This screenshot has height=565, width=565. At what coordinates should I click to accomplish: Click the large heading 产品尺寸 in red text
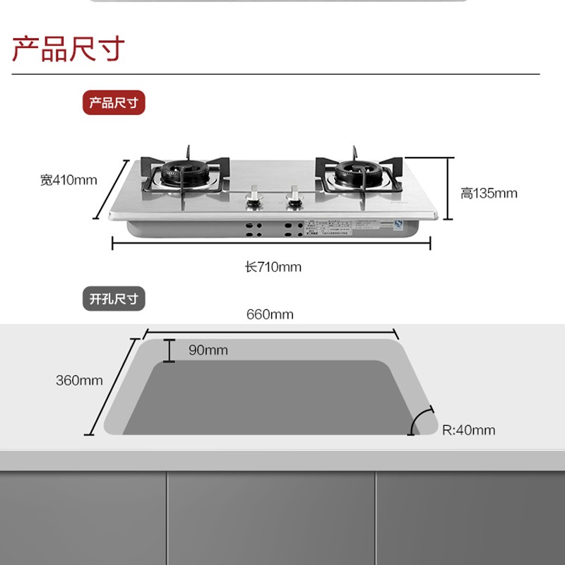pyautogui.click(x=69, y=49)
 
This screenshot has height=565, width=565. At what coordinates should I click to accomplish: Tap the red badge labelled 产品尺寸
pyautogui.click(x=113, y=103)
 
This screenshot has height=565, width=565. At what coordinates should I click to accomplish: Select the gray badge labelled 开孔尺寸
pyautogui.click(x=113, y=299)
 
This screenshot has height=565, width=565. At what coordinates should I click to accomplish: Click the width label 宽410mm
pyautogui.click(x=69, y=180)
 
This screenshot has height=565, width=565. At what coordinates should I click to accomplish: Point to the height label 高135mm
pyautogui.click(x=489, y=193)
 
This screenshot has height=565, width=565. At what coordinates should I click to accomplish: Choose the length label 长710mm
pyautogui.click(x=273, y=267)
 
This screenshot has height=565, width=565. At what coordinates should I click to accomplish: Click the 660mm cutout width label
pyautogui.click(x=270, y=314)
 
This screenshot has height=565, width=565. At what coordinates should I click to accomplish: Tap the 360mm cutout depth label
pyautogui.click(x=79, y=381)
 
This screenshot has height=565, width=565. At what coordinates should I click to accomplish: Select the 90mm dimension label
pyautogui.click(x=208, y=350)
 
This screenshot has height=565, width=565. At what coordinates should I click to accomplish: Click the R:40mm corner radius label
pyautogui.click(x=468, y=430)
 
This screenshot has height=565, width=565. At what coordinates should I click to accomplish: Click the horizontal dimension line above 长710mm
pyautogui.click(x=272, y=244)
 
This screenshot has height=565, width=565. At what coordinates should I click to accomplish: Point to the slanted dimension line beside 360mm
pyautogui.click(x=112, y=386)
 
